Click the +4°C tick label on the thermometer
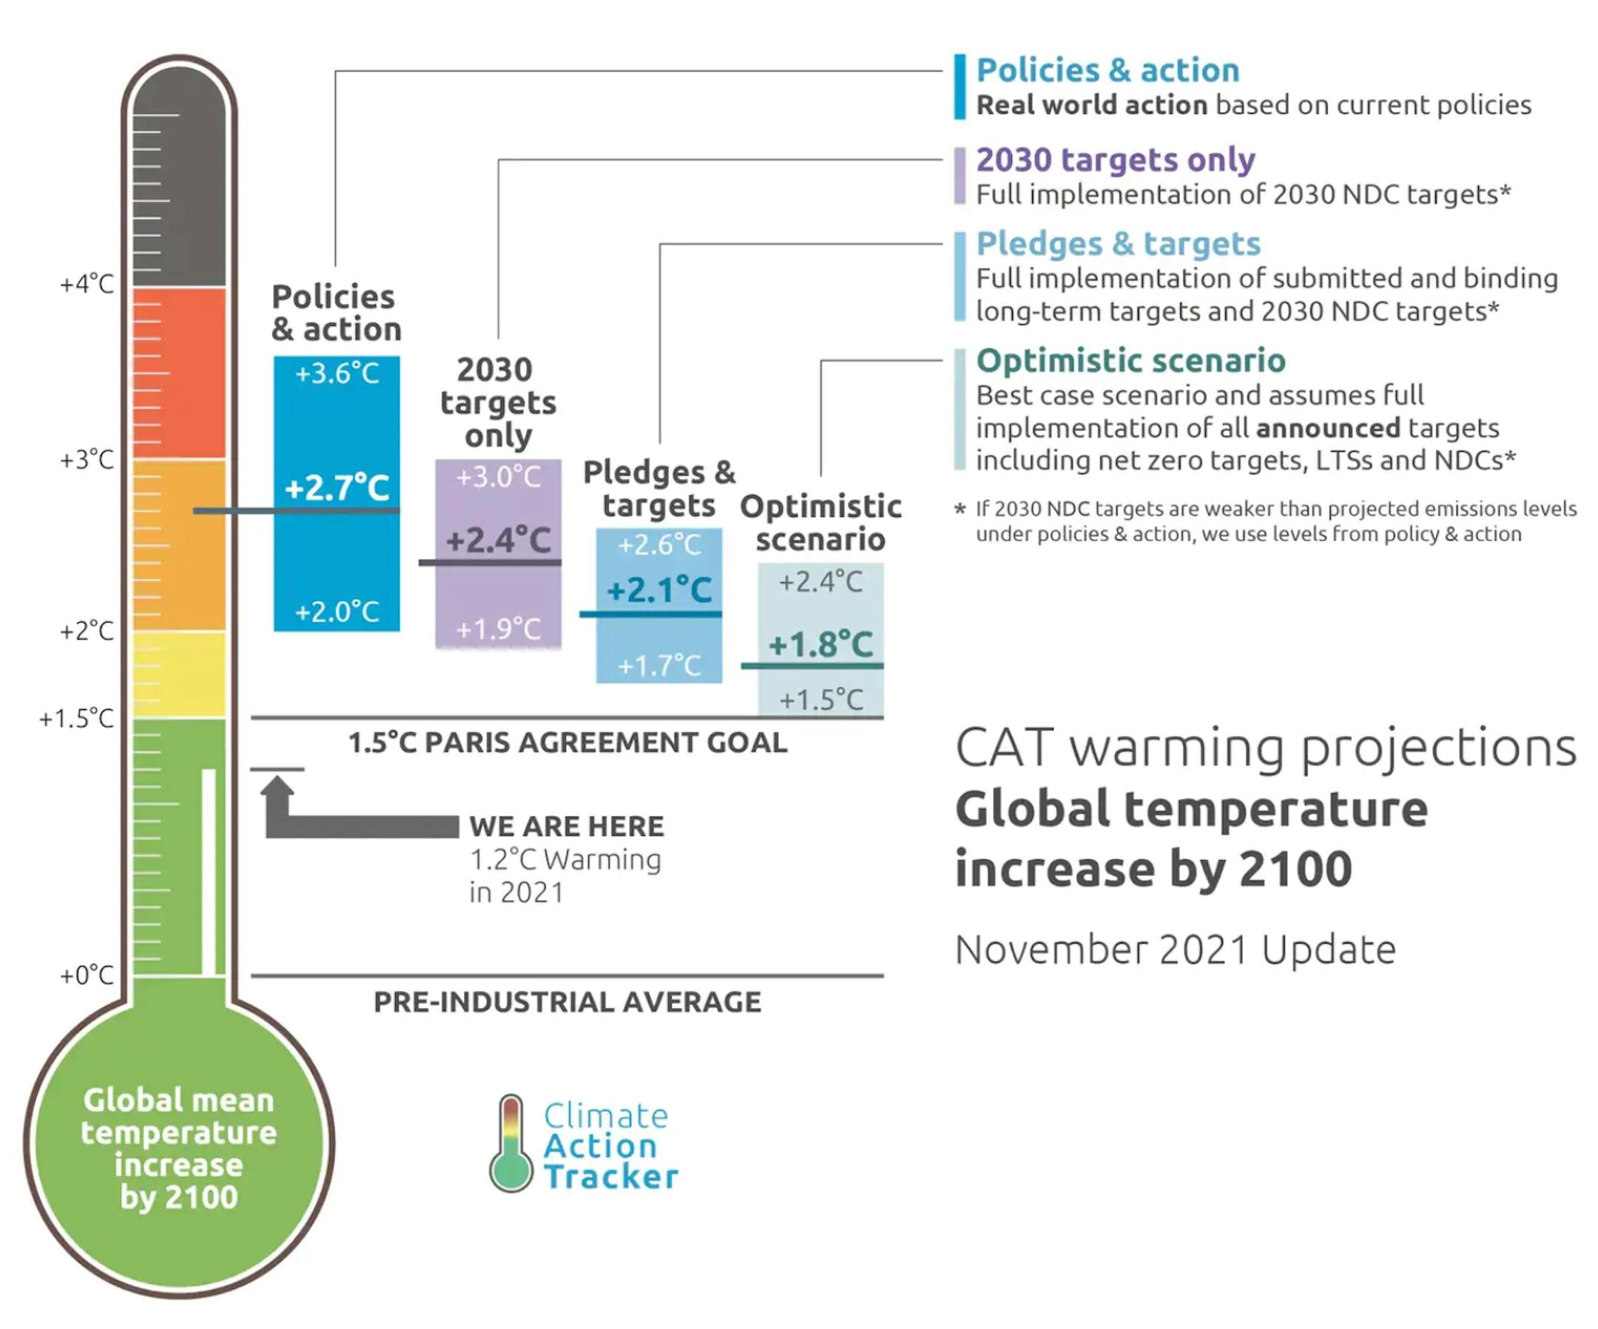tap(87, 285)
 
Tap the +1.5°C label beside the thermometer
tap(77, 718)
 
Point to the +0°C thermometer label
tap(87, 975)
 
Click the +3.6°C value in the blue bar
tap(337, 373)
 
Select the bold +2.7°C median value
tap(337, 487)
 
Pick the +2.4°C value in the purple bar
tap(499, 540)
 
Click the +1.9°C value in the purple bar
tap(499, 629)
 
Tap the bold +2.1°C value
tap(660, 589)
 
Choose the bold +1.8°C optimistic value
tap(821, 644)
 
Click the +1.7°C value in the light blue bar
tap(660, 666)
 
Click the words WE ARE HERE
tap(567, 826)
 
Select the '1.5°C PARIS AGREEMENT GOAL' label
tap(567, 743)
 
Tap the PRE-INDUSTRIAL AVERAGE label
tap(567, 1002)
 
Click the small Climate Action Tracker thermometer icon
tap(511, 1143)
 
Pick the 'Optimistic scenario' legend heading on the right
tap(1130, 361)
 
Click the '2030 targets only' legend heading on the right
tap(1116, 160)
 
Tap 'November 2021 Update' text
tap(1176, 950)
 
